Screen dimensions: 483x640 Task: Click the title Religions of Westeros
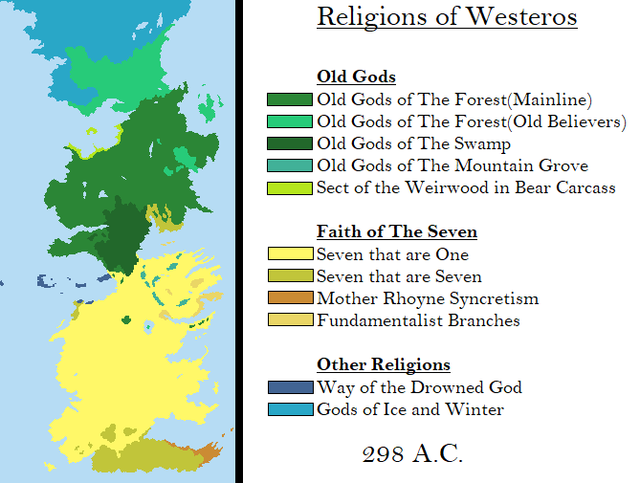tap(447, 17)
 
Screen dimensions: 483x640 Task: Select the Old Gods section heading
tap(356, 77)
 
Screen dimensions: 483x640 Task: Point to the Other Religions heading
tap(384, 365)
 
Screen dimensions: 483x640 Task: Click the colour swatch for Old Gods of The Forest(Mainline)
tap(290, 99)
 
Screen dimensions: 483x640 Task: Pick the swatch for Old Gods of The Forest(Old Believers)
tap(290, 121)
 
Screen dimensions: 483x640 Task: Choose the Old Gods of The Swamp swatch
tap(290, 143)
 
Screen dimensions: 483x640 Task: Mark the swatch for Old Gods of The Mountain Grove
tap(290, 166)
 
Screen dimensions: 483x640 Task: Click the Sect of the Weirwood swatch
tap(290, 188)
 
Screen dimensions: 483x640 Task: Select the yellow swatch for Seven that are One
tap(290, 254)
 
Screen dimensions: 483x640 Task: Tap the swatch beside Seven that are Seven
tap(290, 276)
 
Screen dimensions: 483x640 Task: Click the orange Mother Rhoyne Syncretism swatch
tap(290, 298)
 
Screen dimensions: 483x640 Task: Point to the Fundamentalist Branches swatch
tap(290, 320)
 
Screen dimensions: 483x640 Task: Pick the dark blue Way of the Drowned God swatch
tap(290, 387)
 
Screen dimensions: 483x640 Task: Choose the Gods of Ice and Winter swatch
tap(290, 409)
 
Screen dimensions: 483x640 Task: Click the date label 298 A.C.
tap(413, 454)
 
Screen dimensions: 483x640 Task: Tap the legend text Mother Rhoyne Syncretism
tap(428, 299)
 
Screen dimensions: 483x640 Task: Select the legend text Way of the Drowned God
tap(419, 387)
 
